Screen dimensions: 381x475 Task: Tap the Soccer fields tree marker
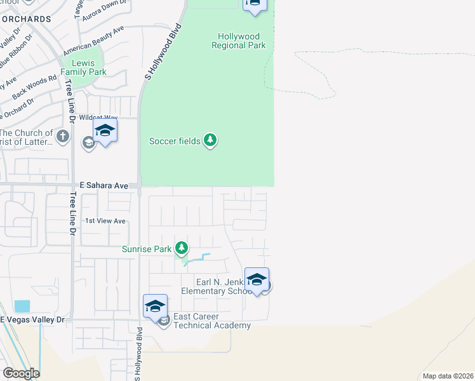pos(210,140)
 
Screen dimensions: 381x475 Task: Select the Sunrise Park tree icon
pos(182,248)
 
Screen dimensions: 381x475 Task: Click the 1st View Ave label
pos(106,221)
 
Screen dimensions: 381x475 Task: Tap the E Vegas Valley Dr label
pos(32,320)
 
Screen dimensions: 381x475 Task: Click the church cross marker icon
pos(62,135)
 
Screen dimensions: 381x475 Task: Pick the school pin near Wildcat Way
pos(105,131)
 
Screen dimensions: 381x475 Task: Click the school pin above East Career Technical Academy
pos(155,306)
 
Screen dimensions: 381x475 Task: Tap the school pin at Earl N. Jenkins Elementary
pos(257,279)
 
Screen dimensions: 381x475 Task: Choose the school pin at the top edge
pos(254,5)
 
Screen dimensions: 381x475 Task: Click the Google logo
pos(21,373)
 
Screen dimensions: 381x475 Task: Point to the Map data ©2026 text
pos(448,376)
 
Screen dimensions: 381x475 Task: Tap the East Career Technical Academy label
pos(212,321)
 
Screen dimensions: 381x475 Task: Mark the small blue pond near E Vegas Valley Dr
pos(22,305)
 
